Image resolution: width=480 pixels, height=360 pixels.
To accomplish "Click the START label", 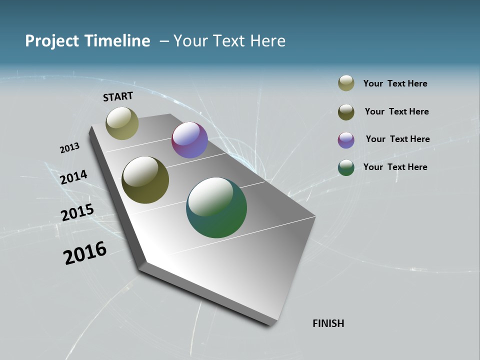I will (x=118, y=96).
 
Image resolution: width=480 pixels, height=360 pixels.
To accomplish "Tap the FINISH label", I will (x=328, y=323).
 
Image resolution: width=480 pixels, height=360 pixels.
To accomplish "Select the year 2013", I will (x=69, y=148).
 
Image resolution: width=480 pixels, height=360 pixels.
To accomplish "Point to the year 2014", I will (x=73, y=177).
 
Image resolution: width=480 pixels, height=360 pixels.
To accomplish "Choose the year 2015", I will (x=77, y=212).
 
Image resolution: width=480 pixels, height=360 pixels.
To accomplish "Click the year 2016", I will (x=85, y=253).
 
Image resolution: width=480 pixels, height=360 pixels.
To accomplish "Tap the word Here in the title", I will (x=267, y=41).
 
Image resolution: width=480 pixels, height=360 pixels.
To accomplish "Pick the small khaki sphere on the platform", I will (x=122, y=123).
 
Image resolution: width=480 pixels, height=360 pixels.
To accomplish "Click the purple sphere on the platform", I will (x=189, y=140).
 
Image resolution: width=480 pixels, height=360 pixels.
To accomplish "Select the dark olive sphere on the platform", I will (x=145, y=180).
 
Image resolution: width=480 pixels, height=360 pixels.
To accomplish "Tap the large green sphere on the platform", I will (x=216, y=207).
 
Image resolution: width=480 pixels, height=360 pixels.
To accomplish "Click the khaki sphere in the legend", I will (x=346, y=83).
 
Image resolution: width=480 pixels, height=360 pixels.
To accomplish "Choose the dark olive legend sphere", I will (x=346, y=112).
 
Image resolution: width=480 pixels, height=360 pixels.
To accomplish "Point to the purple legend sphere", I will (x=346, y=140).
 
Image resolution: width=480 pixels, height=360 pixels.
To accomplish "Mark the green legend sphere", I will (x=346, y=167).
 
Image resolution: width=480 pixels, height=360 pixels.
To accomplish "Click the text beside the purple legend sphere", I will (x=397, y=139).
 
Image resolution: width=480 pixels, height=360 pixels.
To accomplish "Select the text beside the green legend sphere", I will (x=395, y=167).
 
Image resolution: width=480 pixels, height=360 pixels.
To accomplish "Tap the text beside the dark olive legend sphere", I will (x=396, y=111).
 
